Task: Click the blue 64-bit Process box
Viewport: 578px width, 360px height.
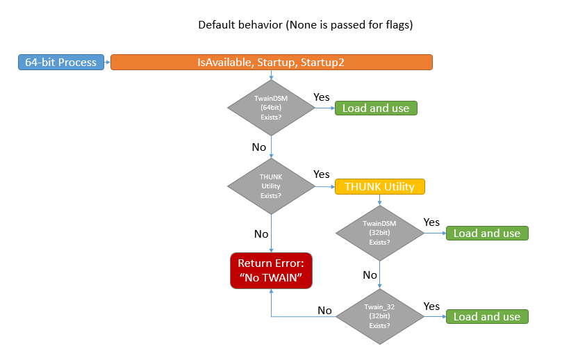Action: click(x=60, y=63)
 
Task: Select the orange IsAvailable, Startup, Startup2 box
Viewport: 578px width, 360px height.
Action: click(x=271, y=63)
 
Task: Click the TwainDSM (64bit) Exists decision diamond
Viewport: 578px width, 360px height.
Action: click(x=271, y=108)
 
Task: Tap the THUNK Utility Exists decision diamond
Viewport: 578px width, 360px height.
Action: click(x=271, y=186)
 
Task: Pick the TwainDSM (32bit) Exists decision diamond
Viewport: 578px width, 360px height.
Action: click(x=379, y=233)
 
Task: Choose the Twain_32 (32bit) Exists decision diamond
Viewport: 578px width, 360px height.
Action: click(x=379, y=316)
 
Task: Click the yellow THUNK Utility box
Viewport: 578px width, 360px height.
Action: click(x=379, y=186)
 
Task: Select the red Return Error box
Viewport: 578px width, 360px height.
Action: click(x=271, y=270)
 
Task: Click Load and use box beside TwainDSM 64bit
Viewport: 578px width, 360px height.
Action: click(x=376, y=108)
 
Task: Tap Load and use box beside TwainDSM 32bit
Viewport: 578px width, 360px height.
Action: click(x=486, y=233)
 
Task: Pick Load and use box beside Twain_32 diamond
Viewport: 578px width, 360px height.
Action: click(x=486, y=316)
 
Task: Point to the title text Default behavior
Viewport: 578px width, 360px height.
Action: click(x=306, y=25)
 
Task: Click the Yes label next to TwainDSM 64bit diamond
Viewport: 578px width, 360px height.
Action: click(x=322, y=97)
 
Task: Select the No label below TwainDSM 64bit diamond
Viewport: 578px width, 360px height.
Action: click(x=259, y=147)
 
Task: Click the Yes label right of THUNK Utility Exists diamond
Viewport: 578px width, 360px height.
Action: click(x=322, y=174)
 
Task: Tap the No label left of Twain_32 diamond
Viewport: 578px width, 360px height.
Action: click(x=324, y=310)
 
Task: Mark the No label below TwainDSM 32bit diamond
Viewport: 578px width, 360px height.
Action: click(x=370, y=275)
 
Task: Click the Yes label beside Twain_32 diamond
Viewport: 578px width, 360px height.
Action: click(x=431, y=306)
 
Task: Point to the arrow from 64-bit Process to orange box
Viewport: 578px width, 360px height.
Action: click(x=108, y=63)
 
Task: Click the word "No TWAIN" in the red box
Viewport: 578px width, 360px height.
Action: click(x=271, y=278)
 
